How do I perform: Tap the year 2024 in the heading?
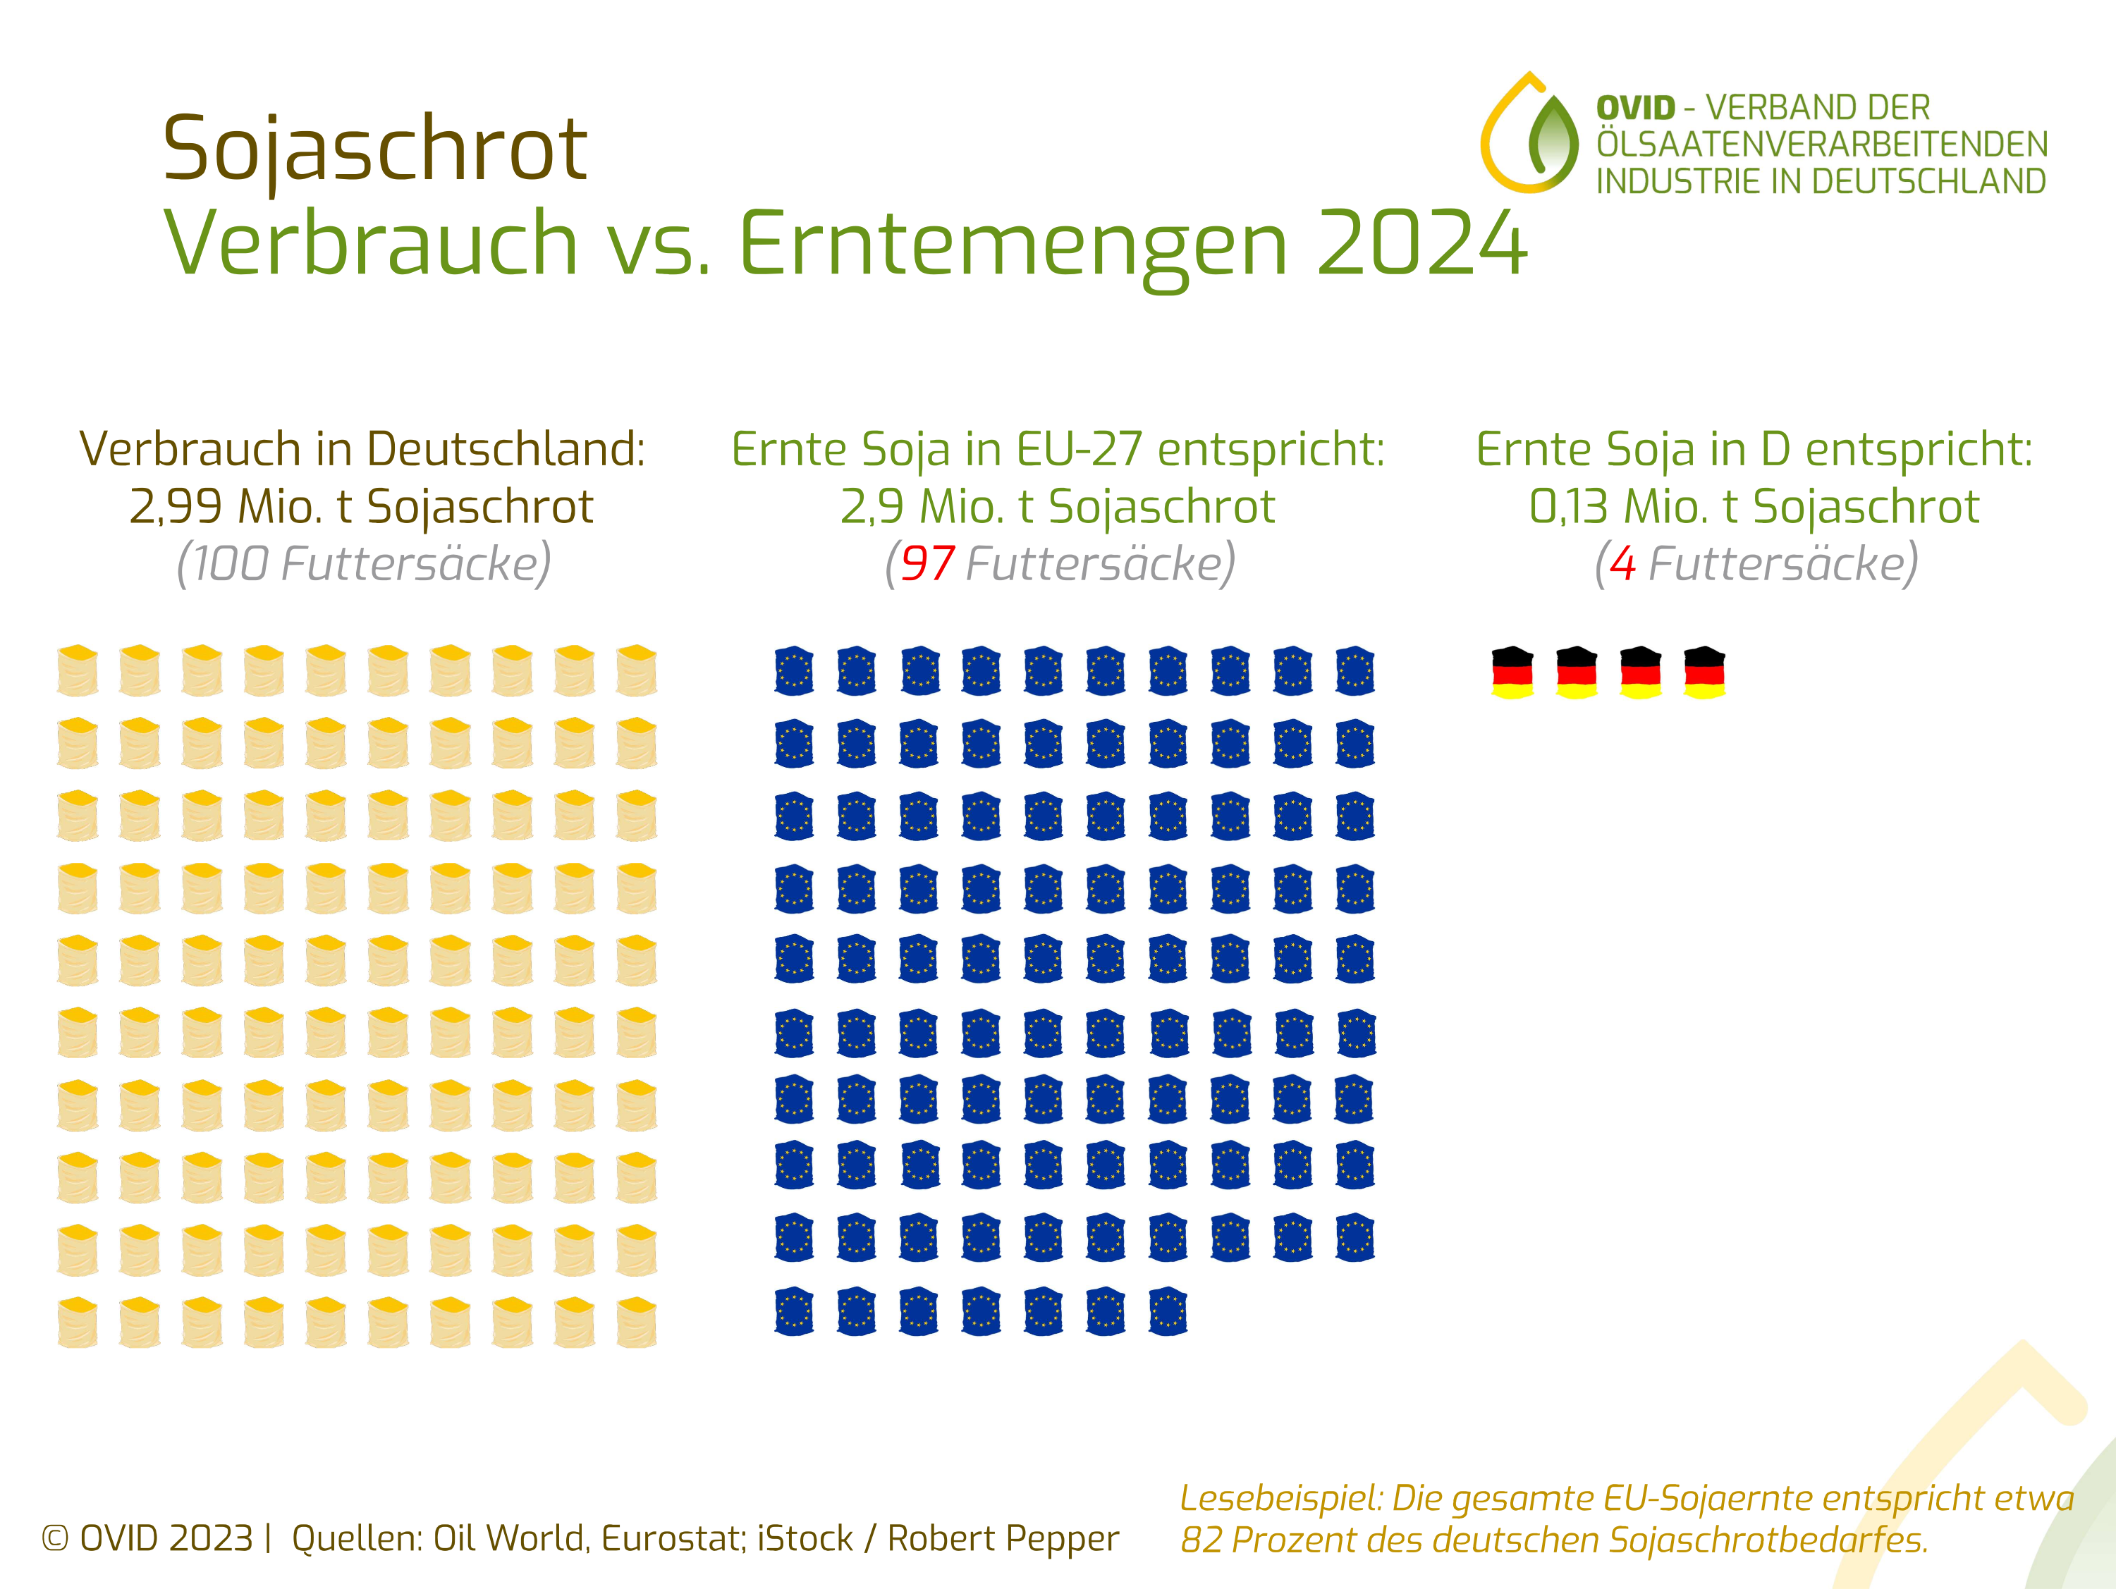[1421, 244]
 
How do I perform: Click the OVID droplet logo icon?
[1529, 135]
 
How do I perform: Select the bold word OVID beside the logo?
[1636, 108]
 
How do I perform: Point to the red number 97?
[927, 563]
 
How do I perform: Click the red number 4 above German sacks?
[1622, 563]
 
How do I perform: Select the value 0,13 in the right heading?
[1569, 507]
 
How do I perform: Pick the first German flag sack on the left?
[1512, 673]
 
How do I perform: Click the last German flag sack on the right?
[1705, 673]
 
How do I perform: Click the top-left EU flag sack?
[794, 670]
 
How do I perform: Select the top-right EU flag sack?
[1354, 670]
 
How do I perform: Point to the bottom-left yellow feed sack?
[78, 1322]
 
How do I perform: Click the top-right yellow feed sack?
[636, 670]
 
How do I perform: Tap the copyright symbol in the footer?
[56, 1538]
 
